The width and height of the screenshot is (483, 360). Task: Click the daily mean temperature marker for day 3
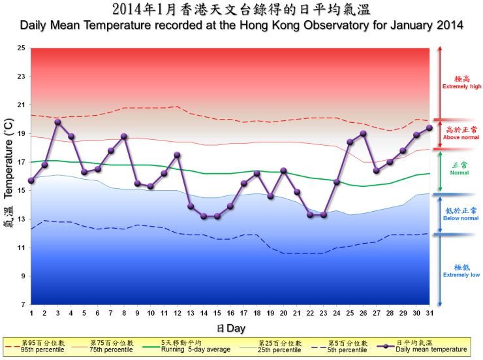click(x=57, y=122)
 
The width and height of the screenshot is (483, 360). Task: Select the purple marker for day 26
click(x=363, y=133)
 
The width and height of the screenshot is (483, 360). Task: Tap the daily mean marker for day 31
click(x=429, y=128)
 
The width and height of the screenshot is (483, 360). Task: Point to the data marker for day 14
click(x=204, y=216)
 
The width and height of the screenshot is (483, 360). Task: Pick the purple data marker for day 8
click(x=124, y=136)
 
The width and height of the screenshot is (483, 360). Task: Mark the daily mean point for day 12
click(x=177, y=155)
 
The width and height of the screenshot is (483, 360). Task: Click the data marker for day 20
click(x=283, y=171)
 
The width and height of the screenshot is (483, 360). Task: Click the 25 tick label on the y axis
click(x=22, y=48)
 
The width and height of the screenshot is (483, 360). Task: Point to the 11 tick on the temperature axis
click(x=22, y=248)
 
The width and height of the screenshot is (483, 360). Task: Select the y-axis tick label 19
click(x=22, y=133)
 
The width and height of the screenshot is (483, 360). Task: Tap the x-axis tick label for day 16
click(x=230, y=314)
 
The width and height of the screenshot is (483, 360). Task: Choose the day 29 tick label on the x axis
click(x=403, y=314)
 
